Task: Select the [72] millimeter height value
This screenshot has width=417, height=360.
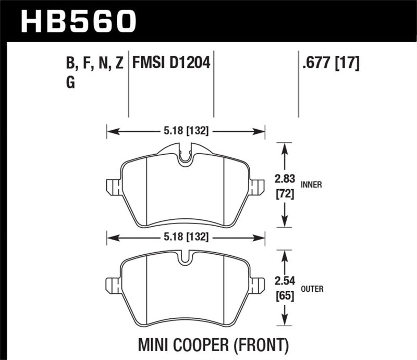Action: coord(284,195)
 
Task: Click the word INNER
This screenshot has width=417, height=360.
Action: coord(311,184)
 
